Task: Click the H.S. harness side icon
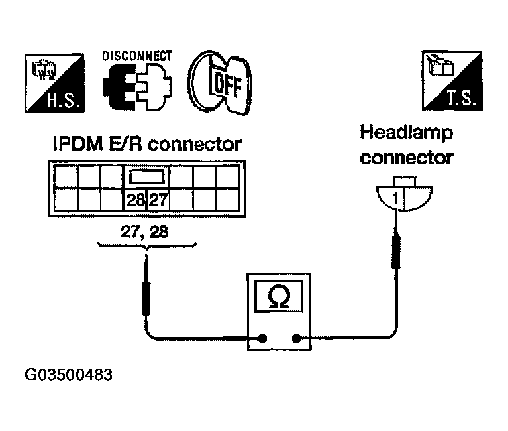(x=54, y=83)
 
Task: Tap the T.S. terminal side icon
(x=452, y=80)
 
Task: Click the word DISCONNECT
(x=137, y=56)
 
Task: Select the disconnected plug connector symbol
(x=138, y=86)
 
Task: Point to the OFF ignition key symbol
(x=219, y=82)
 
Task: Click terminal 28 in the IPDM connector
(x=136, y=200)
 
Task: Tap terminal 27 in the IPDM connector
(x=158, y=200)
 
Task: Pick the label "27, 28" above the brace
(x=144, y=232)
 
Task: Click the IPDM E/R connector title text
(x=147, y=144)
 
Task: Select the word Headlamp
(x=406, y=133)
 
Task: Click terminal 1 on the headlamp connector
(x=395, y=198)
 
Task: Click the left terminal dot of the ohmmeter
(x=262, y=338)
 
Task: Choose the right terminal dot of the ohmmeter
(x=296, y=338)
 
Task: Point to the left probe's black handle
(x=146, y=298)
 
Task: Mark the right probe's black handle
(x=395, y=252)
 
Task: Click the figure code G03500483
(x=68, y=375)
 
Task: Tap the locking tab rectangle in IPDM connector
(x=147, y=177)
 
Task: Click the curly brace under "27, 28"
(x=147, y=246)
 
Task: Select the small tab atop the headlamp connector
(x=405, y=181)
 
